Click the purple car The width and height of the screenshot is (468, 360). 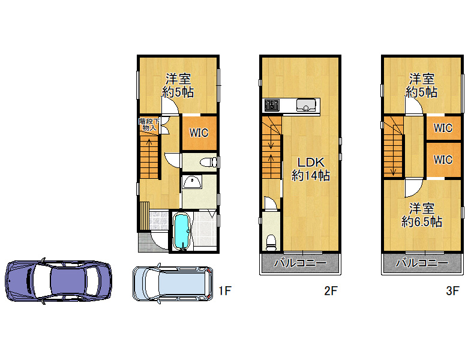point(59,281)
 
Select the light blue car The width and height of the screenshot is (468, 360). point(173,283)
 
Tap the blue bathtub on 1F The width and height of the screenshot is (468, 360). point(182,231)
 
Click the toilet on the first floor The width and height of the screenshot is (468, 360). point(208,163)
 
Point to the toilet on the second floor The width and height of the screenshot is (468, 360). point(271,242)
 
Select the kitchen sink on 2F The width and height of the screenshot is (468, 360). point(306,105)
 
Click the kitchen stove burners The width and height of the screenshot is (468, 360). point(272,105)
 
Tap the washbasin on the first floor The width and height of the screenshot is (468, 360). point(193,181)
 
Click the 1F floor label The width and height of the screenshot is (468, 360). point(225,290)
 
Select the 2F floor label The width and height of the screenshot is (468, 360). point(331,290)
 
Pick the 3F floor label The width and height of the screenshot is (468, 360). point(452,290)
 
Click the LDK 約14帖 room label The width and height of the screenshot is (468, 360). point(310,169)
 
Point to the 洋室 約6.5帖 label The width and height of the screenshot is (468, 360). point(421,215)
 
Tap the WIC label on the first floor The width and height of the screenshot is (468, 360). point(199,133)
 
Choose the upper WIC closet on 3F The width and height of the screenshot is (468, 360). point(443,128)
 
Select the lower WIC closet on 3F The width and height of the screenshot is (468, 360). point(443,160)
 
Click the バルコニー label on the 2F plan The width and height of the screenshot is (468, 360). point(300,263)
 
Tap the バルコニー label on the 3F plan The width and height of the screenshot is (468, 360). point(422,263)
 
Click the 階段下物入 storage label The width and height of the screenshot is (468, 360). point(149,125)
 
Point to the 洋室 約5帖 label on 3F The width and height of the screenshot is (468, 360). point(421,85)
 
